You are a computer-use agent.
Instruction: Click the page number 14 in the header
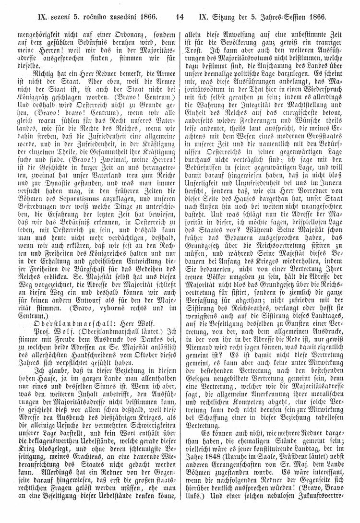180,16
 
